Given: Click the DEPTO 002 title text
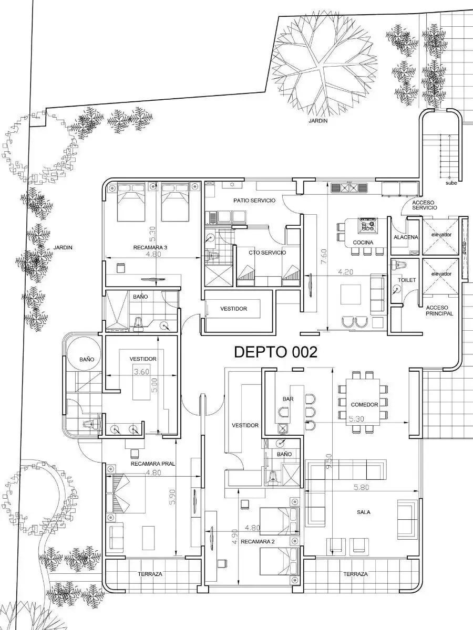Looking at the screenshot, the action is (275, 352).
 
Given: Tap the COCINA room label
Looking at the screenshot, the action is (363, 243).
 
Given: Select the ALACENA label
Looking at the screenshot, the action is (406, 237).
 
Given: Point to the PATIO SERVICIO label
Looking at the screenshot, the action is (254, 201).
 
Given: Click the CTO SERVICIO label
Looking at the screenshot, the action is (268, 253).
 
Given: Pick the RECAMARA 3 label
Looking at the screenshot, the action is (150, 247).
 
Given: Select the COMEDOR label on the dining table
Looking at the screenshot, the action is (364, 404).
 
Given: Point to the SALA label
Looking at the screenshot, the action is (364, 512).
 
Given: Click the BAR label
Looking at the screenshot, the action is (288, 399).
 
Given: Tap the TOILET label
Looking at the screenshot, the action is (407, 280).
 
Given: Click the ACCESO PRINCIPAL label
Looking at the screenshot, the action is (439, 311).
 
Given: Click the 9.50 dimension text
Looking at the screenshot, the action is (328, 461).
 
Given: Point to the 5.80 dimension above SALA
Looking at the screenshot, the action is (361, 487).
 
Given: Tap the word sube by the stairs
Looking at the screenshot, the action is (451, 183).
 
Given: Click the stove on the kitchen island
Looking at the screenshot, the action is (368, 225).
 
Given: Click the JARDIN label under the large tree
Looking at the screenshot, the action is (318, 121).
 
